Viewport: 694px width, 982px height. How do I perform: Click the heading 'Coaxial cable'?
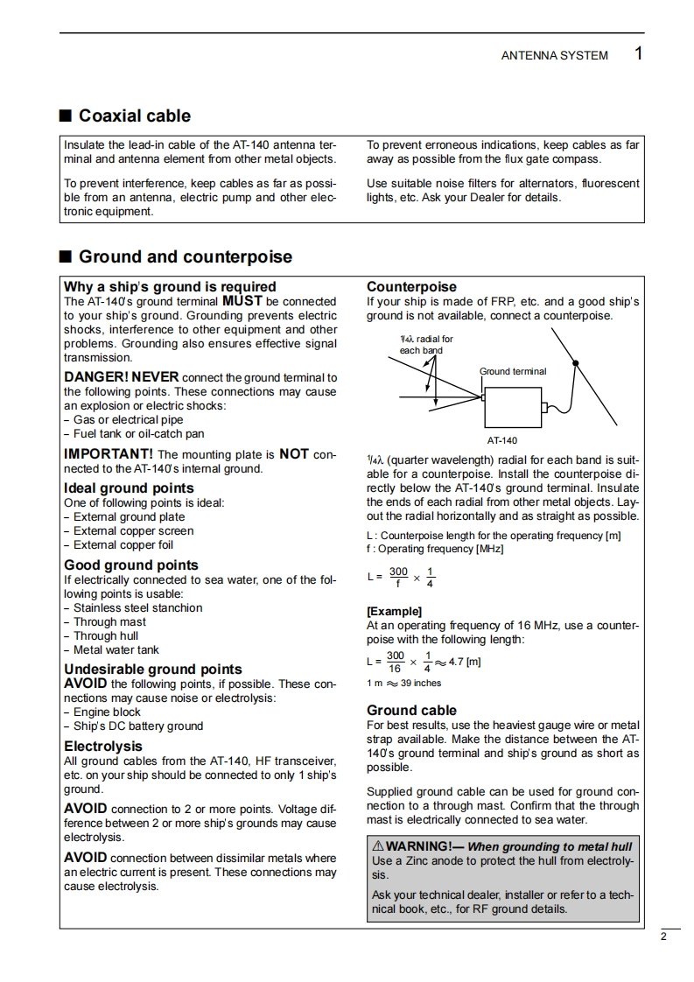coord(134,116)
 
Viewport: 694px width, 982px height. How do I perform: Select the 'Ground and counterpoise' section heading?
coord(186,257)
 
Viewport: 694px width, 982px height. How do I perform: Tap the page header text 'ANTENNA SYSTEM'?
coord(554,55)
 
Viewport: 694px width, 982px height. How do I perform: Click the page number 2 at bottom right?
coord(663,937)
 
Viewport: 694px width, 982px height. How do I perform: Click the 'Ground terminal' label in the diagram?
coord(513,371)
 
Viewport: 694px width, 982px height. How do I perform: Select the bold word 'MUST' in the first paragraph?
coord(242,301)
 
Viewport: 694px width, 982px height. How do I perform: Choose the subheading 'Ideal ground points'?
coord(129,488)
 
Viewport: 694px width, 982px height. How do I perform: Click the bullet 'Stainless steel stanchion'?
coord(137,608)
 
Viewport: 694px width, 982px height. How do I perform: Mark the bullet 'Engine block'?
coord(107,712)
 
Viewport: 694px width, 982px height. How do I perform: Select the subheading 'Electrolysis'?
coord(102,747)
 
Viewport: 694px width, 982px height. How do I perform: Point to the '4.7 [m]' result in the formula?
coord(464,662)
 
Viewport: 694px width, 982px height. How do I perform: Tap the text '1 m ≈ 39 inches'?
coord(403,684)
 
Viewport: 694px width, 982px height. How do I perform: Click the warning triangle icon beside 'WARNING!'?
coord(378,847)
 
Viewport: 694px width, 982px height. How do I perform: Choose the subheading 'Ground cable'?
coord(411,711)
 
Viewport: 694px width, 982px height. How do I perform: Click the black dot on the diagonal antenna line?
coord(575,362)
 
